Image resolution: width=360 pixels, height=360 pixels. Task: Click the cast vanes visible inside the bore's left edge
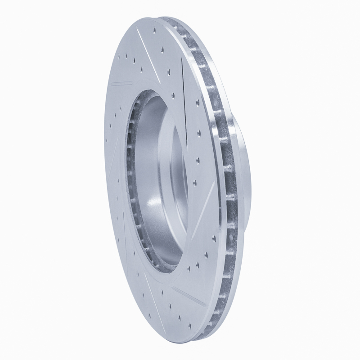point(131,180)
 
